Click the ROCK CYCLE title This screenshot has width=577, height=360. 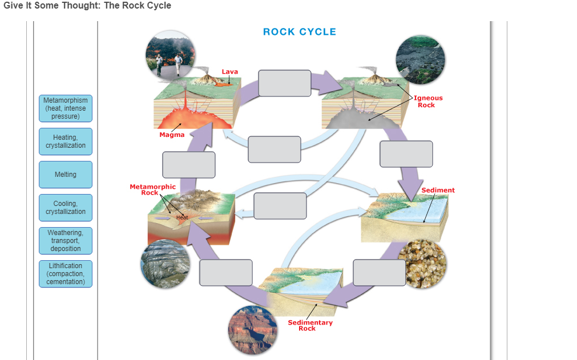coord(300,32)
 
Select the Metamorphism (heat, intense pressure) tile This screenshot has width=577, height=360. coord(65,108)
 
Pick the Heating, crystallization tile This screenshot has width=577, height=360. coord(65,141)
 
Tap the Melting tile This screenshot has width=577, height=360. coord(65,175)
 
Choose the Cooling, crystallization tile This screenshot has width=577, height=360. coord(65,208)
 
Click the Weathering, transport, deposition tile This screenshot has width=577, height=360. coord(65,241)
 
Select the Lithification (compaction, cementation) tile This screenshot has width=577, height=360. coord(65,274)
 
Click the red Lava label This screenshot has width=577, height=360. coord(230,72)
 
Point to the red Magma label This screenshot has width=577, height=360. coord(172,135)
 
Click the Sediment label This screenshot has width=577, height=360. coord(438,190)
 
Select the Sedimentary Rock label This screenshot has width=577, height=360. coord(310,325)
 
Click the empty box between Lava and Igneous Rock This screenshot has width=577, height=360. coord(284,83)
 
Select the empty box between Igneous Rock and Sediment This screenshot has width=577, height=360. coord(406,154)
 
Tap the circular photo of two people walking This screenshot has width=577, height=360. coord(170,56)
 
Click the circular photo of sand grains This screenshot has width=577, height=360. coord(422,263)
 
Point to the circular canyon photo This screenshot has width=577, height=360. coord(251,330)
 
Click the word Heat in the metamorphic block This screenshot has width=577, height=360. coord(182,217)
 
